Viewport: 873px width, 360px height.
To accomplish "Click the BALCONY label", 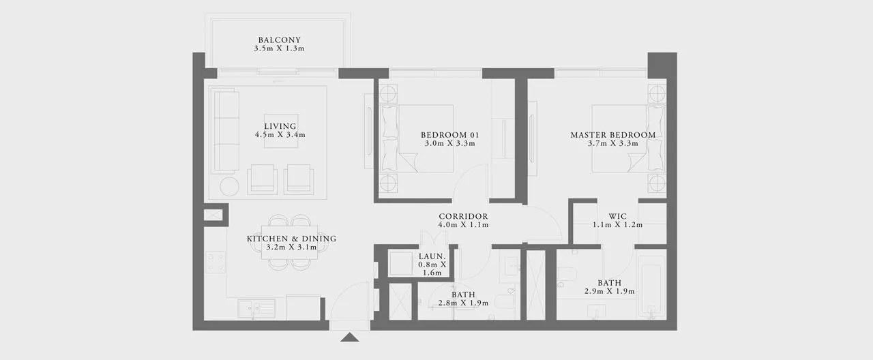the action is coord(279,40).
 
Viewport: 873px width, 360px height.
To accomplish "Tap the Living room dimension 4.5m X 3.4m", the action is coord(280,135).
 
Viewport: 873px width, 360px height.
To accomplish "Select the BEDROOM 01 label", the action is coord(449,135).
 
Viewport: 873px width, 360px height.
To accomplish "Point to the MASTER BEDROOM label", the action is coord(613,135).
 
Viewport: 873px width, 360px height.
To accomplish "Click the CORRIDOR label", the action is coord(463,216).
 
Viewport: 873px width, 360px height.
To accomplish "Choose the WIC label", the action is coord(618,216).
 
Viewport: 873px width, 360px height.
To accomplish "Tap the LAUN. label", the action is coord(432,256).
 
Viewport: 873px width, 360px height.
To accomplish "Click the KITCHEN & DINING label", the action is coord(291,239).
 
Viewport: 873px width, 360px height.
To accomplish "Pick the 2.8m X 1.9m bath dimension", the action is coord(463,303).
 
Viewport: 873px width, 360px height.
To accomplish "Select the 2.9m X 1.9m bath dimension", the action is coord(610,291).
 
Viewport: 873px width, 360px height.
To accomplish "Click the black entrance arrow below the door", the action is coord(350,337).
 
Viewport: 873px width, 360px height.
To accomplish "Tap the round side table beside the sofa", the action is coord(230,187).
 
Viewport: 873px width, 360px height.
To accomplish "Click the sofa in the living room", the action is coord(225,130).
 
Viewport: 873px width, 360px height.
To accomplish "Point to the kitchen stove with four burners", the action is coord(216,262).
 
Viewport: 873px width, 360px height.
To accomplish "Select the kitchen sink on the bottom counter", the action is coord(256,309).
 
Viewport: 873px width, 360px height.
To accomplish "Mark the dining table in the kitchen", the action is coord(290,242).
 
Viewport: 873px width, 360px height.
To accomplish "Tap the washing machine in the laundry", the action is coord(400,264).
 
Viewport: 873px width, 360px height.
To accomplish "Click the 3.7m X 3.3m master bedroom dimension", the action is coord(613,143).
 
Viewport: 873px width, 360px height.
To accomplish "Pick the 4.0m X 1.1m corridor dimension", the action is coord(463,225).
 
